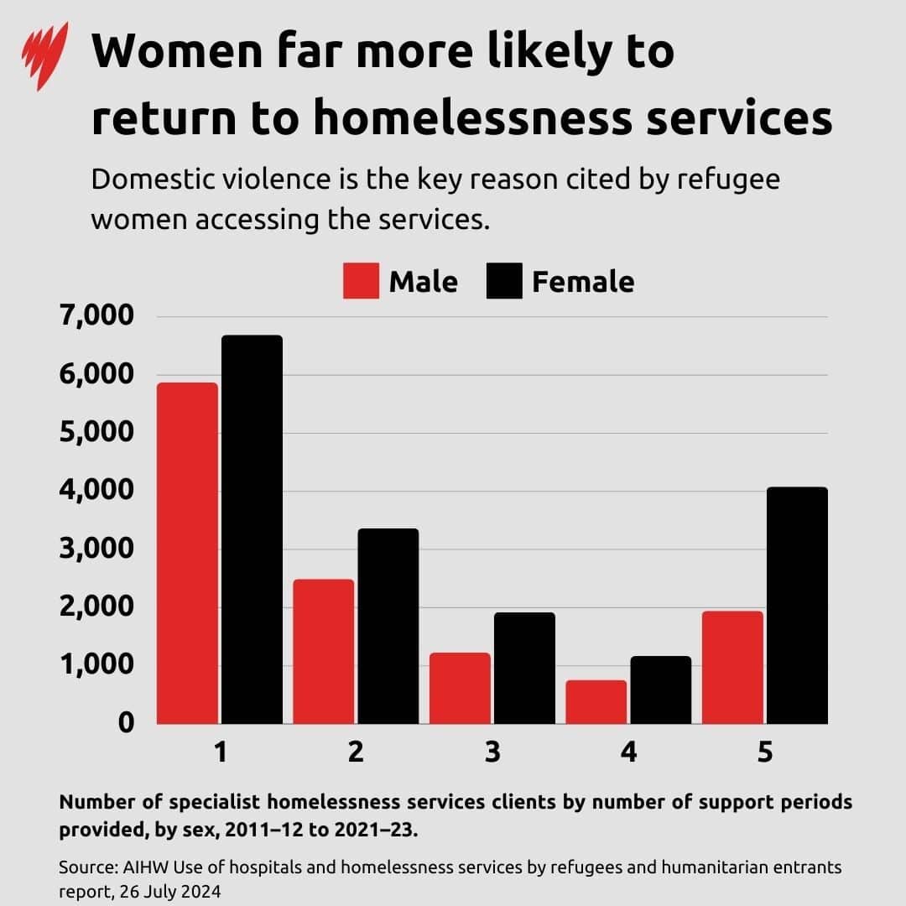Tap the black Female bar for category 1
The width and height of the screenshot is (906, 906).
252,529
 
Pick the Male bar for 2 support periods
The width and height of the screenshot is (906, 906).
323,651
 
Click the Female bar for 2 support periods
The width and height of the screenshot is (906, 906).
388,626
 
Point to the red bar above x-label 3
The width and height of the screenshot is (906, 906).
460,688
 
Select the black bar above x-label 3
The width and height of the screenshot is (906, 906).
524,668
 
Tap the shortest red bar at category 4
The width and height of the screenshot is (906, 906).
596,701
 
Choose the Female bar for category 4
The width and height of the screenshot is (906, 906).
660,690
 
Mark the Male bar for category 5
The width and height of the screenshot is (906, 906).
732,667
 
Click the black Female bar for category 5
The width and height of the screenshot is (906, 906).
797,605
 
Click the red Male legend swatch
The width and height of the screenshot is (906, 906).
361,281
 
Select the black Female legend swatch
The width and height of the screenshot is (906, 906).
504,281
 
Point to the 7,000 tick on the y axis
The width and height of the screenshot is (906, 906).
96,316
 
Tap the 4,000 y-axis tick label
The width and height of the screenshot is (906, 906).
96,491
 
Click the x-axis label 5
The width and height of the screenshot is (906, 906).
764,752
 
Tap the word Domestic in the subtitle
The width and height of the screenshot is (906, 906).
150,180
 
